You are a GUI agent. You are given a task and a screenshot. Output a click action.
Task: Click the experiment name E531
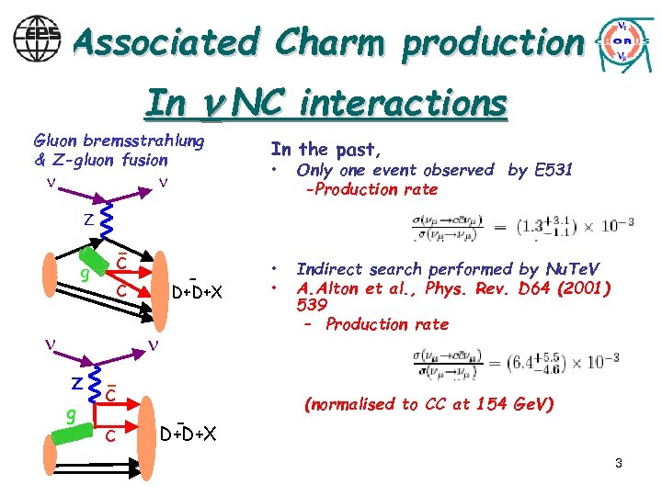553,170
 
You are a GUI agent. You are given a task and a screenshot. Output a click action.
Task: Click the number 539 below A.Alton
312,306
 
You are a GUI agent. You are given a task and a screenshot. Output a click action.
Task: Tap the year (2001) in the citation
577,287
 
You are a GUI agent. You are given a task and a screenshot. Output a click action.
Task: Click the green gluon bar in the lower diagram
69,429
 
